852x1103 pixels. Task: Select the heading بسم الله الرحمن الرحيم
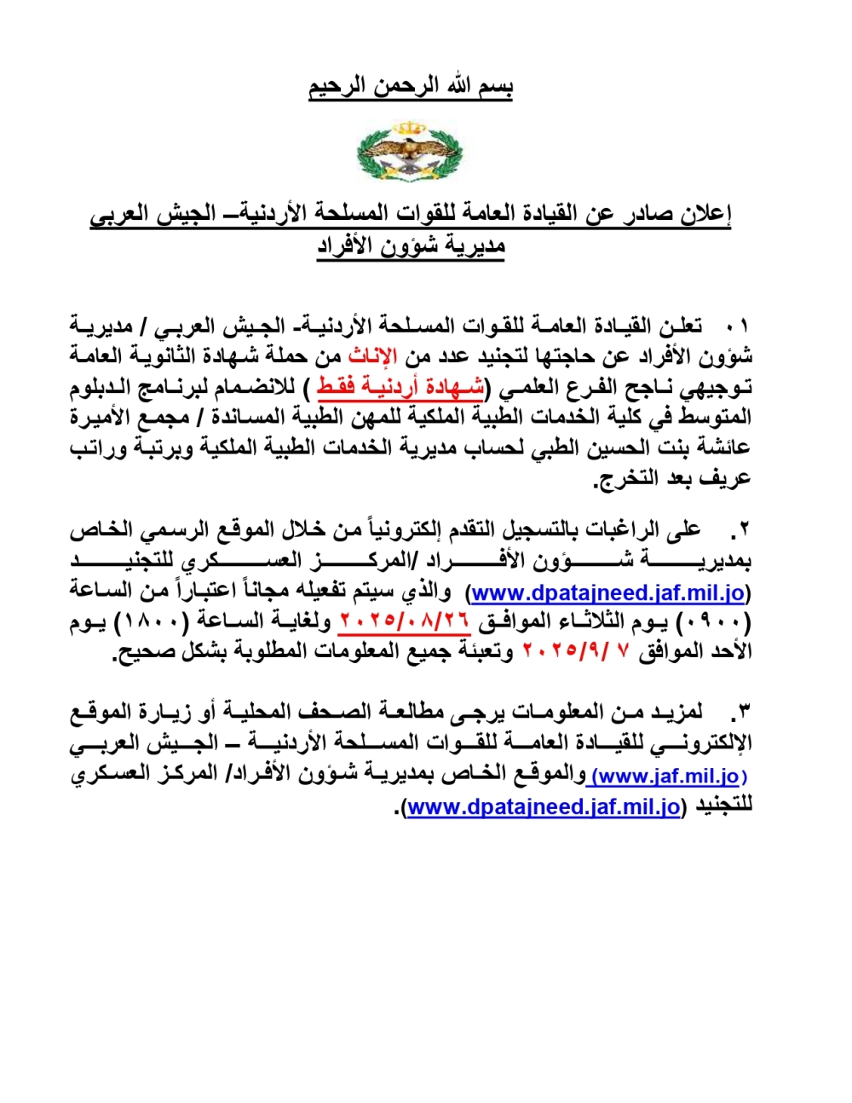click(x=411, y=87)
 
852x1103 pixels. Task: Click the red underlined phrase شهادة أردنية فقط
click(x=400, y=386)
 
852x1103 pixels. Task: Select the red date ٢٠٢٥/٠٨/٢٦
click(x=404, y=621)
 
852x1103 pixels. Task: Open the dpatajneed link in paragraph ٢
click(x=608, y=591)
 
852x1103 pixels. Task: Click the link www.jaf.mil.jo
click(x=669, y=776)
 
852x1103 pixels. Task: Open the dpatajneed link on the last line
click(x=544, y=806)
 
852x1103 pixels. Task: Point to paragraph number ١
click(x=738, y=326)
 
